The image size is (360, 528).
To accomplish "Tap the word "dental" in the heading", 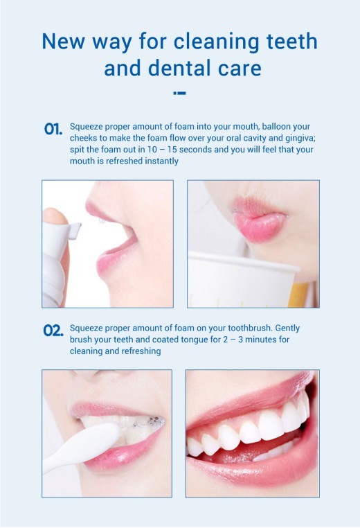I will [x=162, y=69].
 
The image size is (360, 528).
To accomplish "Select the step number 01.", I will [x=53, y=130].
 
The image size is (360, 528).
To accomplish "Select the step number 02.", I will [x=53, y=330].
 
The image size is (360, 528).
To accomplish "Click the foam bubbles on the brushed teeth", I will [x=154, y=421].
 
